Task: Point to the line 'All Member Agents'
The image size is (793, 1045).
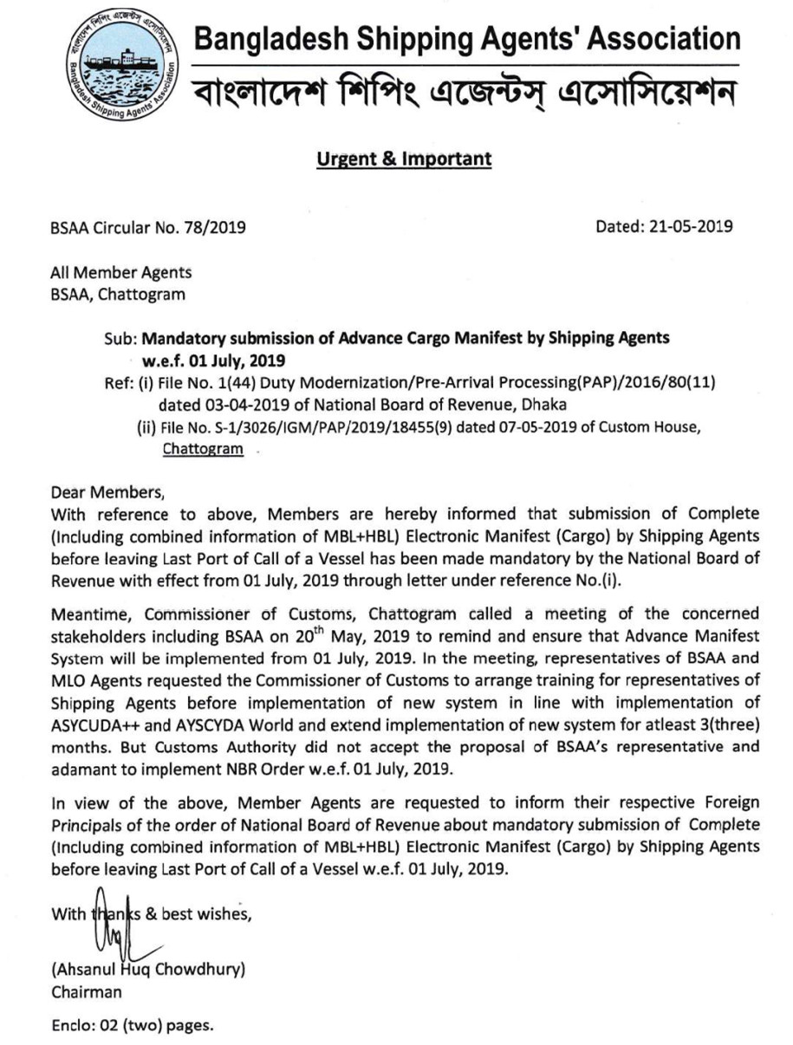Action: pyautogui.click(x=121, y=272)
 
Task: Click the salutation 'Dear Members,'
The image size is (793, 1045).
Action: pyautogui.click(x=107, y=494)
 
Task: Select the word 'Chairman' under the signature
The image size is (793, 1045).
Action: pyautogui.click(x=87, y=992)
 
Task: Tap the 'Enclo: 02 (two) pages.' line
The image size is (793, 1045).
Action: pyautogui.click(x=133, y=1026)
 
